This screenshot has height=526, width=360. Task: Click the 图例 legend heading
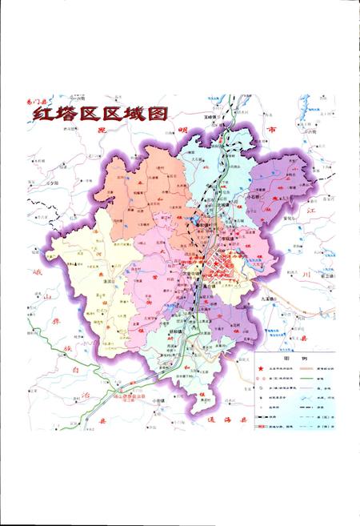(x=297, y=359)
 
